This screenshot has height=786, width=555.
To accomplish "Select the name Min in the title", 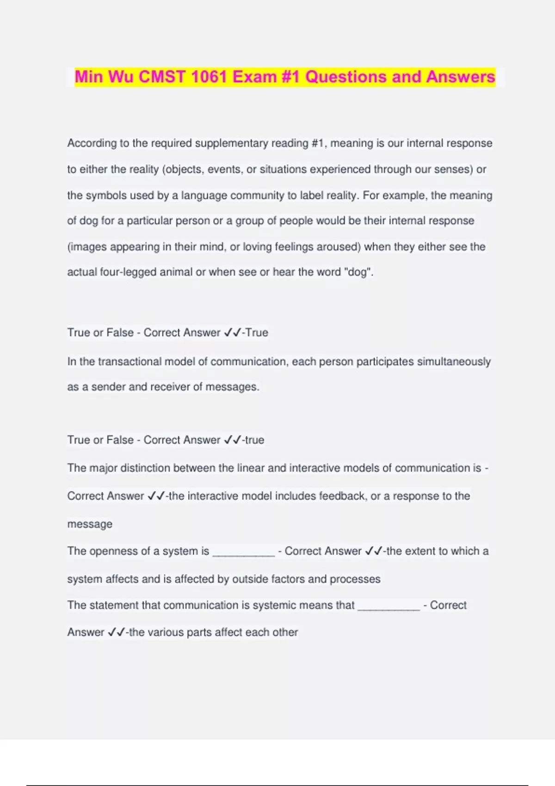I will tap(89, 77).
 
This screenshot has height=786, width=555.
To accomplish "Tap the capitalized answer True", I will tap(257, 332).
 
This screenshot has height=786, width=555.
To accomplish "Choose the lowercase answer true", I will tap(254, 440).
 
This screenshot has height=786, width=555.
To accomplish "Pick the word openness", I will tap(113, 551).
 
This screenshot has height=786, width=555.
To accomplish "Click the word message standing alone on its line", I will tap(90, 524).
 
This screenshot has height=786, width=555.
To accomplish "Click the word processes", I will tap(355, 579).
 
